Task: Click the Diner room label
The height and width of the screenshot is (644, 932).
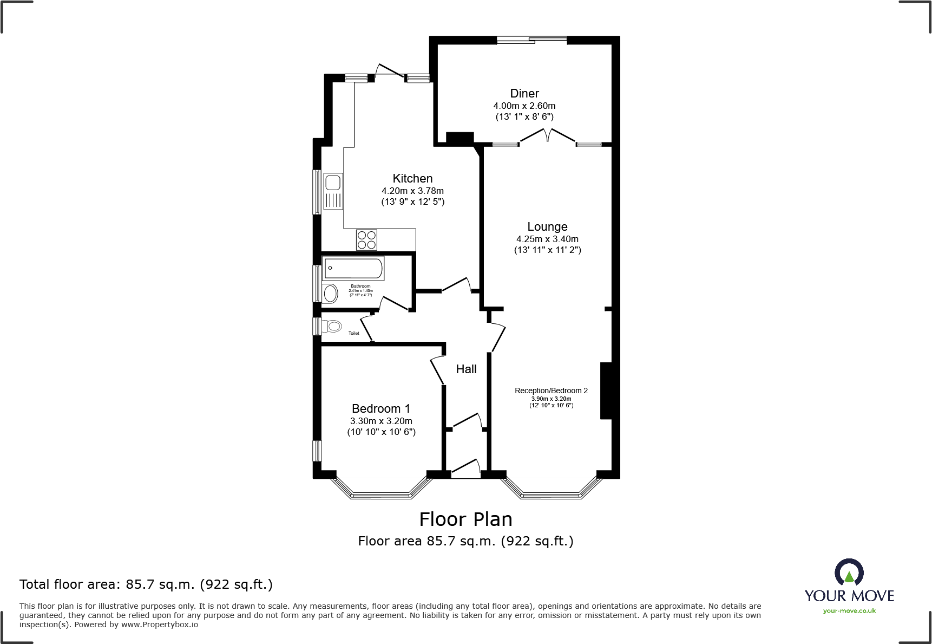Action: click(x=524, y=94)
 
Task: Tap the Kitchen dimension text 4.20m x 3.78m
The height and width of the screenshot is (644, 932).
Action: click(x=412, y=191)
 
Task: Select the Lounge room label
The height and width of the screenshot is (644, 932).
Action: click(x=547, y=227)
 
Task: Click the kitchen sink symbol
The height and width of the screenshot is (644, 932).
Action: click(x=333, y=191)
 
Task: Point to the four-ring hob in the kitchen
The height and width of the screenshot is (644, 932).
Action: click(x=366, y=240)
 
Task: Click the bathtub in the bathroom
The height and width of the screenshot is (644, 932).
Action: click(x=353, y=268)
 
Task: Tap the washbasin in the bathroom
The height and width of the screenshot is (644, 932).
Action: click(x=330, y=293)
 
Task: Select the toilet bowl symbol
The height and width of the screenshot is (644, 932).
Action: click(x=333, y=326)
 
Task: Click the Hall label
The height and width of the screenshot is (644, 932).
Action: click(x=466, y=369)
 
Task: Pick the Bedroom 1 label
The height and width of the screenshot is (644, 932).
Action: click(x=380, y=409)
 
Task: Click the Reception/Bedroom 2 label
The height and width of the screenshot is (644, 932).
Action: click(x=551, y=391)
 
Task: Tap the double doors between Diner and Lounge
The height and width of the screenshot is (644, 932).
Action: click(x=547, y=135)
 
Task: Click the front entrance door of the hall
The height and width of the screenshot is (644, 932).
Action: click(x=465, y=469)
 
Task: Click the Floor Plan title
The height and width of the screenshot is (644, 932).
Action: click(x=465, y=519)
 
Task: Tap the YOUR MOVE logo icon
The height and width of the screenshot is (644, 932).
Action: click(x=849, y=572)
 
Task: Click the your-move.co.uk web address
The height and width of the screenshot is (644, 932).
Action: click(x=849, y=611)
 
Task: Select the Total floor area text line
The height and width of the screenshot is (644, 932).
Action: click(x=146, y=584)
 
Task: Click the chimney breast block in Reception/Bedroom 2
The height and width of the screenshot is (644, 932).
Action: click(x=606, y=391)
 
